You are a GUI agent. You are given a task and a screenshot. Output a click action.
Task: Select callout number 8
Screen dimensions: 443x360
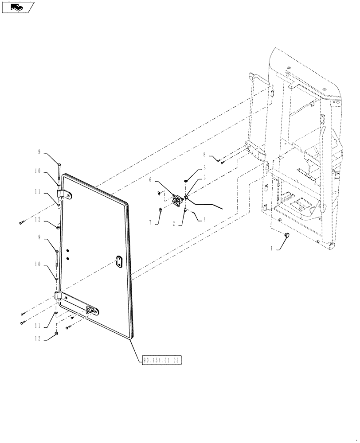204,155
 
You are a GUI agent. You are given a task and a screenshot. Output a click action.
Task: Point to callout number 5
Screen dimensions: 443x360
204,168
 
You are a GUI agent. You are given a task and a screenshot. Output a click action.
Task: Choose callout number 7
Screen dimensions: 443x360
151,222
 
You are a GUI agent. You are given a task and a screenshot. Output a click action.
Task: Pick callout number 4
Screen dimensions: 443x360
204,219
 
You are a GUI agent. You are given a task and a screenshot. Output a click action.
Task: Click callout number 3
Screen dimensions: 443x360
204,177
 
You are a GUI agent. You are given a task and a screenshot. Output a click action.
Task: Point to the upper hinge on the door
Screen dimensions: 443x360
65,194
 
